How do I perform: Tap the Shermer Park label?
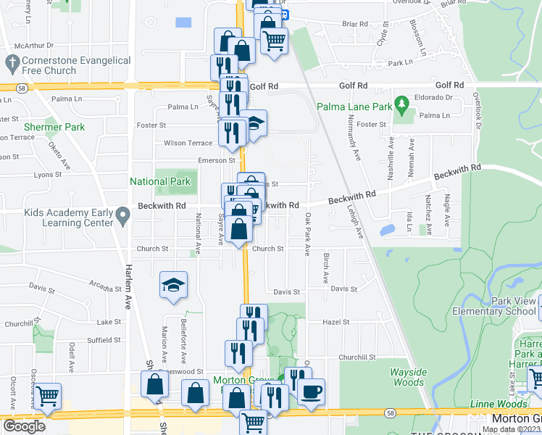54,127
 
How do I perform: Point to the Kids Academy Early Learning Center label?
69,217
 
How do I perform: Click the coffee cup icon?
312,392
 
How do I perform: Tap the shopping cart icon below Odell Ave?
48,397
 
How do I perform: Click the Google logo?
24,426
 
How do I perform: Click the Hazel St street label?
335,322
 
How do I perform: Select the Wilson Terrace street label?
188,143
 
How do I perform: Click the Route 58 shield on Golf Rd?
23,88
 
